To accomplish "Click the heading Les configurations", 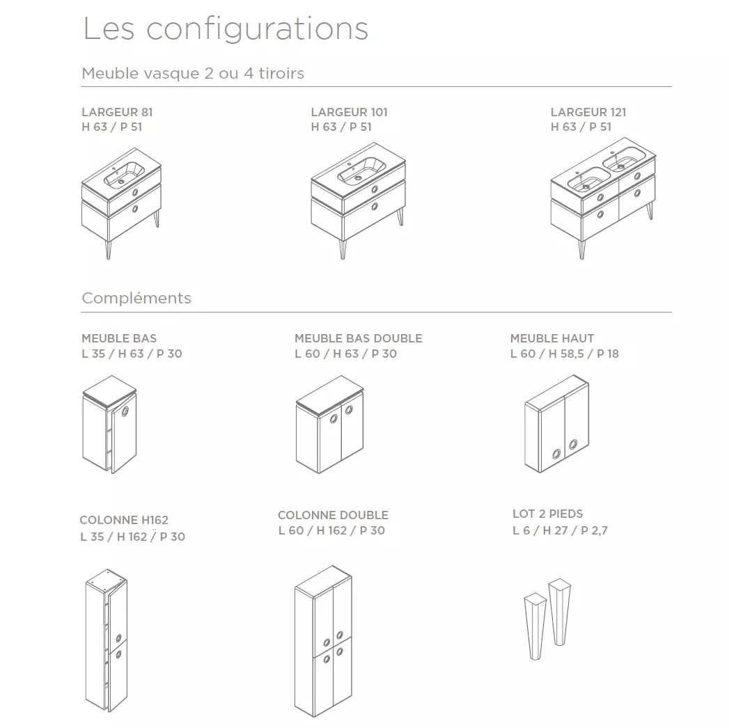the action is pos(226,29).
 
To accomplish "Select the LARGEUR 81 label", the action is pos(117,112).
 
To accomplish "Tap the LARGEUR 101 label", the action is pos(349,112).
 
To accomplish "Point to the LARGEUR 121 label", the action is pos(588,112).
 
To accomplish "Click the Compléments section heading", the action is pos(136,298).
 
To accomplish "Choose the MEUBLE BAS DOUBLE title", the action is pos(359,338).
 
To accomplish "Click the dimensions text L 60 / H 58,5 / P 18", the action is pos(565,354).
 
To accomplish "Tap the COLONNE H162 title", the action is pos(124,520).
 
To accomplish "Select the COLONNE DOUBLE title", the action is pos(333,515).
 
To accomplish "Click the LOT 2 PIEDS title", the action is pos(548,514).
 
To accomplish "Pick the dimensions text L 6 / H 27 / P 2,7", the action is pos(560,530).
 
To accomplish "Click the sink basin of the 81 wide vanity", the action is pos(123,175).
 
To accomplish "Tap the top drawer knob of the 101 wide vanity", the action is pos(375,189).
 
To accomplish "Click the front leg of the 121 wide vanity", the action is pos(581,248).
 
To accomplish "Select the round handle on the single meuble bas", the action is pos(125,411).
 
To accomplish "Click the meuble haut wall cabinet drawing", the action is pos(557,424).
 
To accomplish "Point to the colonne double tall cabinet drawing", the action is pos(323,641).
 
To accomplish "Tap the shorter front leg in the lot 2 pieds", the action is pos(535,626).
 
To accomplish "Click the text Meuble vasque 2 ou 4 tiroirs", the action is pos(193,73).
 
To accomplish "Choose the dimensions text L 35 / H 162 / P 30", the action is pos(133,537).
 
